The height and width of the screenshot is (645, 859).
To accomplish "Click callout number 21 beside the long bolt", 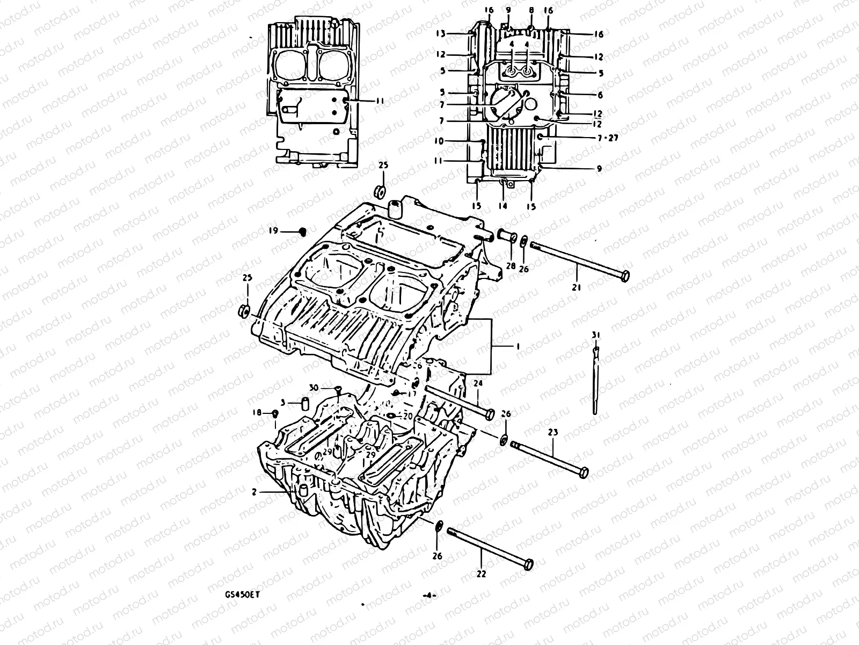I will coord(577,288).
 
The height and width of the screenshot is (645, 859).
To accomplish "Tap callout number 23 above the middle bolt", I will coord(553,432).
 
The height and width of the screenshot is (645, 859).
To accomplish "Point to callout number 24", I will coord(478,383).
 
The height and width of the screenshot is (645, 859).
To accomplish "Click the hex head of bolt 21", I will coord(624,276).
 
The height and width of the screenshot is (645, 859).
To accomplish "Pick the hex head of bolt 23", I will coord(584,472).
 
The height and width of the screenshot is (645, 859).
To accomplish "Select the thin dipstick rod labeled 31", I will coord(595,382).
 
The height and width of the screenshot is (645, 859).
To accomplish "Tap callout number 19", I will coord(274,231).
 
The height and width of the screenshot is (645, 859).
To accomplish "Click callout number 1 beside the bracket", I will coord(517,347).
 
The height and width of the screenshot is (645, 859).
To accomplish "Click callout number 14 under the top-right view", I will coord(503,206).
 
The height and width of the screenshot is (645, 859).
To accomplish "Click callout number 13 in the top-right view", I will coord(440,33).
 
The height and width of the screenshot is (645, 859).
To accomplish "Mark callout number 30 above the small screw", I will coord(315,388).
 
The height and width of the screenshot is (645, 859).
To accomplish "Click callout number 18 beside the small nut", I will coord(257,412).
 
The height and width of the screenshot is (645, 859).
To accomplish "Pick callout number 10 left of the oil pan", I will coord(439,141).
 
